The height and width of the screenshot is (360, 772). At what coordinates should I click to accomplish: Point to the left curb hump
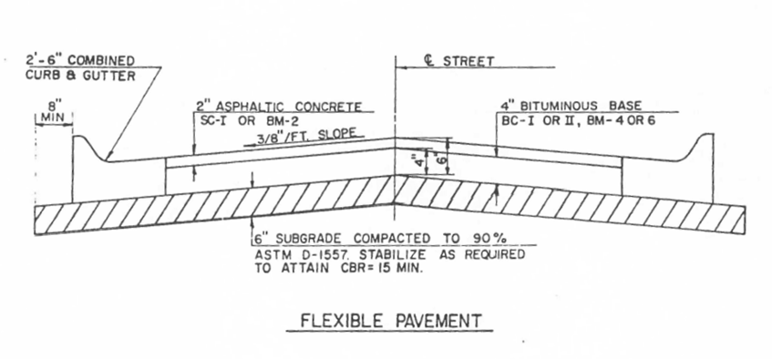84,144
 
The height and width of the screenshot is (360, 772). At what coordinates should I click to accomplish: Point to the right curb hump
705,144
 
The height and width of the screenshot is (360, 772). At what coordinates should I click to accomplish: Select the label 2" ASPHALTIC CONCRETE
273,106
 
